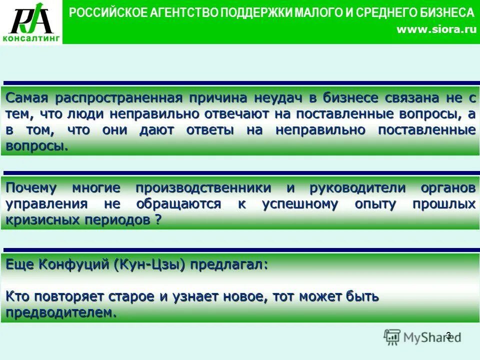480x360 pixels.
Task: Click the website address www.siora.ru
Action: pos(436,30)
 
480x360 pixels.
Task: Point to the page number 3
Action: pos(448,335)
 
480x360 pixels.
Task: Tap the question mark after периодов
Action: pos(158,220)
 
